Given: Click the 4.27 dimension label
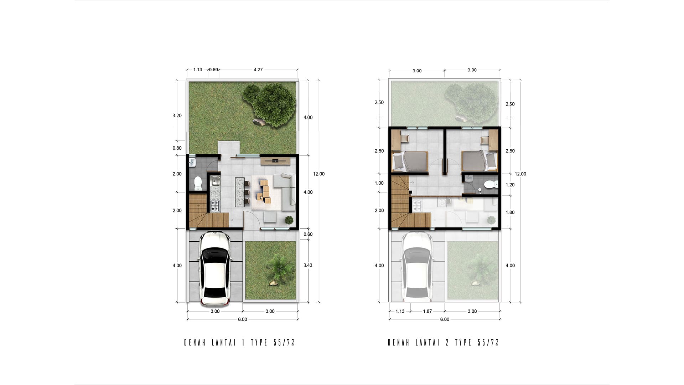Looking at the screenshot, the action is pyautogui.click(x=258, y=70).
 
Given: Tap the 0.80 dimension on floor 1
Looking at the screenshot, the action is pyautogui.click(x=177, y=148).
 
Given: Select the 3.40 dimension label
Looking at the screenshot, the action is pyautogui.click(x=308, y=265).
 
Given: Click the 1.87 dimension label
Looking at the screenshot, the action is pyautogui.click(x=427, y=311).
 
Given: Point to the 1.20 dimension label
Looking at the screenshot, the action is pyautogui.click(x=510, y=185).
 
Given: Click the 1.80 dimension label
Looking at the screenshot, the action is pyautogui.click(x=510, y=212).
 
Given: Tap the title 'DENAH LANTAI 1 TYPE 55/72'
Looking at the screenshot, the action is pyautogui.click(x=239, y=343).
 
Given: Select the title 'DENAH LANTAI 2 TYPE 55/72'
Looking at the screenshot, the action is pyautogui.click(x=443, y=343).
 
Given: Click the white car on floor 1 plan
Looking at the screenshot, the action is pyautogui.click(x=215, y=268).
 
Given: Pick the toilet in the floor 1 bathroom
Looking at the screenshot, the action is pyautogui.click(x=198, y=183).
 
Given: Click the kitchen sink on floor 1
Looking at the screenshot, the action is pyautogui.click(x=215, y=181).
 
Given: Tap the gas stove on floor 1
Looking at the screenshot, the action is pyautogui.click(x=215, y=206).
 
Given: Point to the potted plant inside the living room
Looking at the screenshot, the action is pyautogui.click(x=289, y=220).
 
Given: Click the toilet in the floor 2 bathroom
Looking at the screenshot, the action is pyautogui.click(x=491, y=184).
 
